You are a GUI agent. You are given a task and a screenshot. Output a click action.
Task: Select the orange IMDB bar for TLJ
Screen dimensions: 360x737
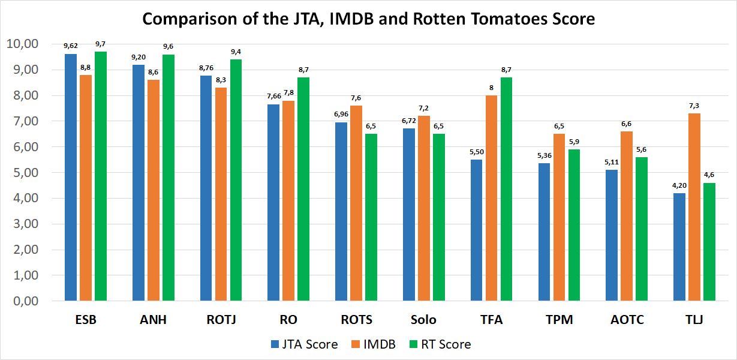pos(694,207)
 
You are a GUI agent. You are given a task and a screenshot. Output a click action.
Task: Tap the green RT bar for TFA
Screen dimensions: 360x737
pos(506,189)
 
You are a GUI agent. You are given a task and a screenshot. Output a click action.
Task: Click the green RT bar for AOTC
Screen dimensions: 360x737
pos(642,229)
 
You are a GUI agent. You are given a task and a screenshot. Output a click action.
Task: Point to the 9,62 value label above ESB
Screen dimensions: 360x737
pos(71,46)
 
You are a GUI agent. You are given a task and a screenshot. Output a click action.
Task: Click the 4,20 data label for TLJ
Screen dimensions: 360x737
pos(679,185)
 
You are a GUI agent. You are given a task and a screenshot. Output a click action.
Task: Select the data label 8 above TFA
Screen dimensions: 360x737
pos(491,88)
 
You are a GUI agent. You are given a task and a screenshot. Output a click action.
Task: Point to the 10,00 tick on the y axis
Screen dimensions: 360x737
pos(22,44)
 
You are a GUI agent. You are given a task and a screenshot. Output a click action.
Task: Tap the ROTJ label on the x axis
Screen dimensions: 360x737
pos(221,320)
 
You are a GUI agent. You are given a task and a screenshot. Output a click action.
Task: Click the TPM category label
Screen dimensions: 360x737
pos(559,320)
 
